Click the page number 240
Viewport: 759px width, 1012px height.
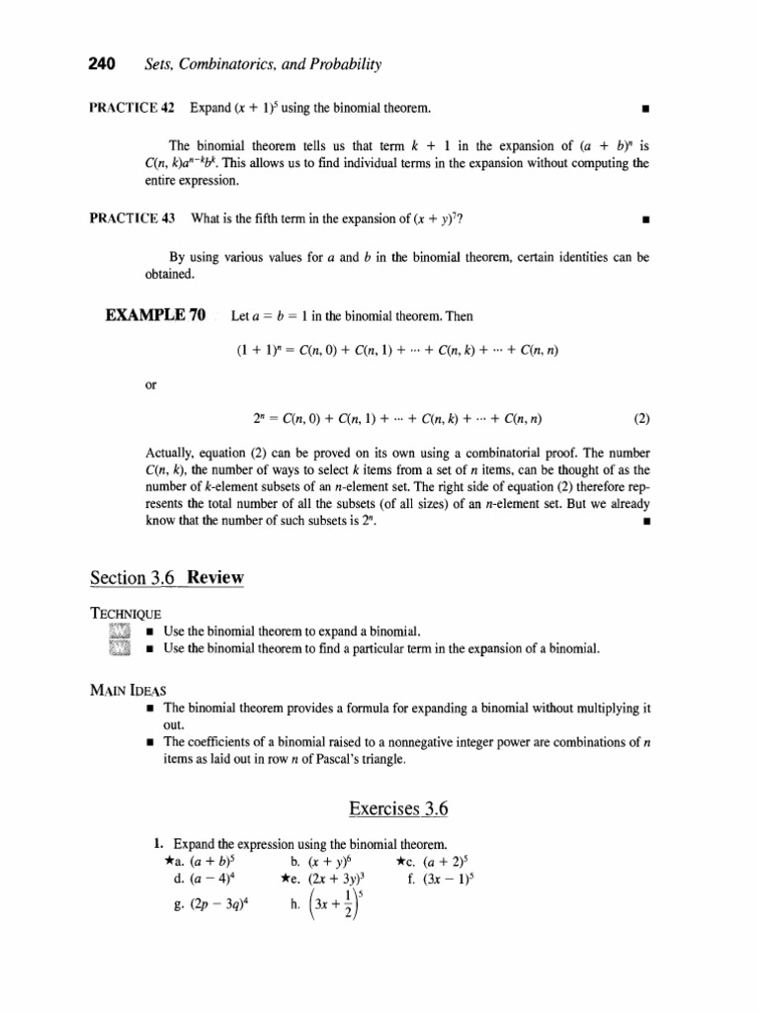[x=103, y=65]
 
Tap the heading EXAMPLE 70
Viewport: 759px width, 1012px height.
[x=156, y=316]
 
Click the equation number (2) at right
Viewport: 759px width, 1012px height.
[x=641, y=418]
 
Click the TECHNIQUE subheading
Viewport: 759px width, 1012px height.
[x=126, y=614]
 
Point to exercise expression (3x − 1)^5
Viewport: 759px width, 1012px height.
[x=441, y=878]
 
